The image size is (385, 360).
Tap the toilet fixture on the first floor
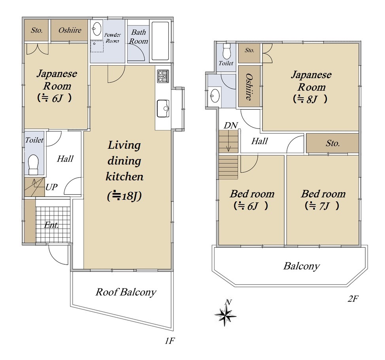point(34,164)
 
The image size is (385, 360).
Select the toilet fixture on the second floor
point(226,51)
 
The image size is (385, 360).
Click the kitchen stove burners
point(163,76)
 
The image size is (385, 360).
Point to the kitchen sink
point(163,108)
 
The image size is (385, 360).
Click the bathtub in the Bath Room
point(160,41)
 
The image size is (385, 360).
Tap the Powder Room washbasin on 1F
point(97,29)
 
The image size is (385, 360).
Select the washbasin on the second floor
point(215,95)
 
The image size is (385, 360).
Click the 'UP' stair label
point(51,187)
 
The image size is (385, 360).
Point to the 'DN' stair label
point(230,125)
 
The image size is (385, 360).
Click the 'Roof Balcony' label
point(126,292)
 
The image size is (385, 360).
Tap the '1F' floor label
point(170,341)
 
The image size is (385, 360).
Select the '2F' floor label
point(353,299)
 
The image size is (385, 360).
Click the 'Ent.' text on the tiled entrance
point(51,225)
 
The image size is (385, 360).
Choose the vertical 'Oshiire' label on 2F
point(249,87)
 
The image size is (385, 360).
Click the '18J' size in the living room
point(128,196)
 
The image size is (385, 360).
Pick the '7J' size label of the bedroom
point(324,206)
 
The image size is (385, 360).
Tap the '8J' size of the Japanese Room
point(312,99)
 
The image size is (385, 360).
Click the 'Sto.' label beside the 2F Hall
point(333,143)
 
